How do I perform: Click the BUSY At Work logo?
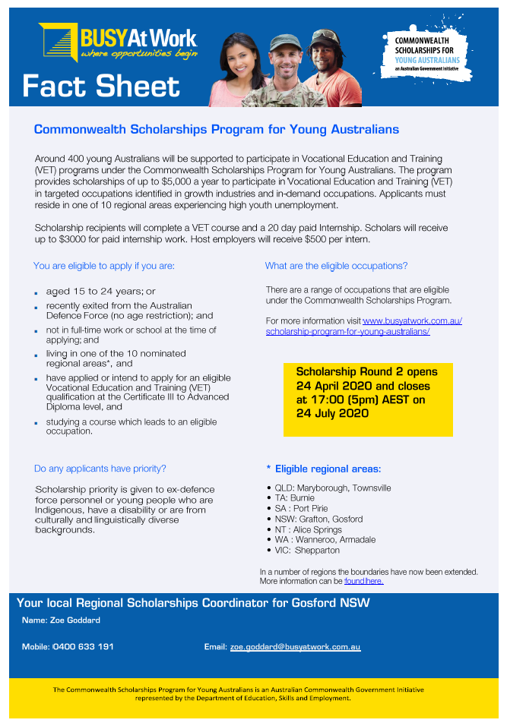tap(118, 42)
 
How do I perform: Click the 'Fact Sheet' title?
tap(101, 87)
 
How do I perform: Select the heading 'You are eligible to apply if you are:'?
tap(104, 266)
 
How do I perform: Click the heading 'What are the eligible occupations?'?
tap(336, 266)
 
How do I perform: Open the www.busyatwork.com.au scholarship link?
tap(364, 326)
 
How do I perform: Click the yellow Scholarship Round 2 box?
tap(368, 399)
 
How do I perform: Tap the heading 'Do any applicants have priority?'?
tap(100, 469)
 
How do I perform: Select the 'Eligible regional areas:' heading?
tap(328, 469)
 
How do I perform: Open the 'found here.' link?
tap(364, 581)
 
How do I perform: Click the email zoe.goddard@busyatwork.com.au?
tap(295, 647)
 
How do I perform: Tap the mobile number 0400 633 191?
tap(83, 647)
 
